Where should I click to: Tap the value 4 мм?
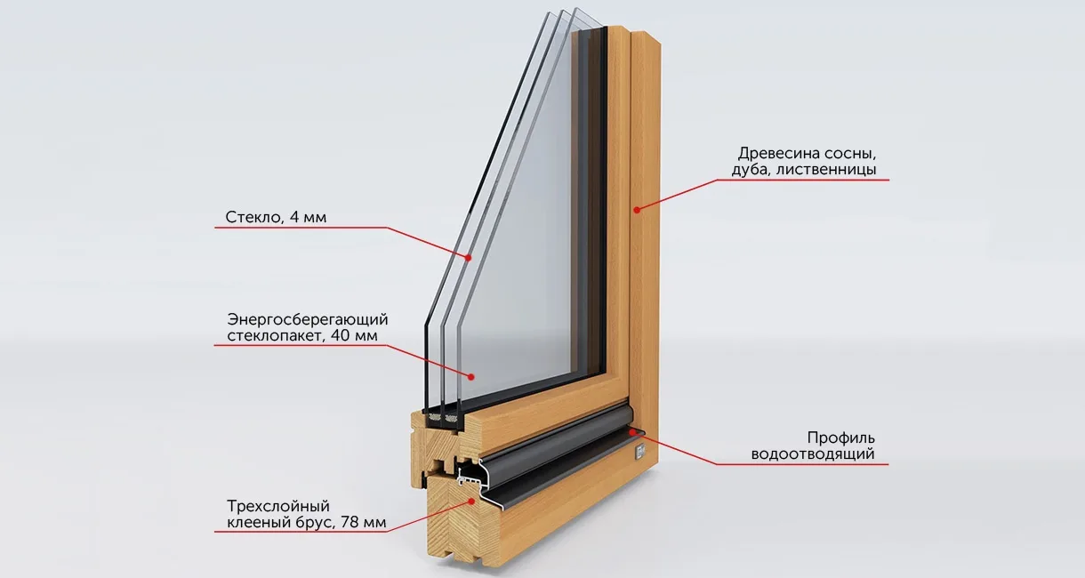[x=308, y=217]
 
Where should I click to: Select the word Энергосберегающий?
[x=308, y=320]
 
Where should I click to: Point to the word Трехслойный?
[x=278, y=507]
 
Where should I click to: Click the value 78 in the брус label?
[x=350, y=522]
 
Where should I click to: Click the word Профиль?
[x=841, y=438]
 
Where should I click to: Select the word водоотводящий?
[x=813, y=454]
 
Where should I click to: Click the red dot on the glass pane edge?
[x=469, y=258]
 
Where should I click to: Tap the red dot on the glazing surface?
[x=470, y=376]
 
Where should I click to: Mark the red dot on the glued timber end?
[x=470, y=502]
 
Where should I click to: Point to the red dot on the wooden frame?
[x=637, y=210]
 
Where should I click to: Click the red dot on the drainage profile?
[x=631, y=430]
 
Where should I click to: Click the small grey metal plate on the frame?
[x=640, y=452]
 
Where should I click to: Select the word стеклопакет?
[x=275, y=336]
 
